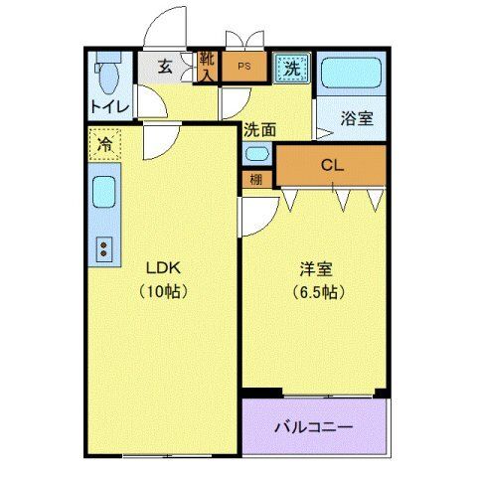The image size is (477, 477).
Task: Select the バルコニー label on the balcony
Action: click(313, 427)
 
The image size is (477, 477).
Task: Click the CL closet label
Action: click(331, 166)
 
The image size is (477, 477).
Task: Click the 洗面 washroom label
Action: click(260, 128)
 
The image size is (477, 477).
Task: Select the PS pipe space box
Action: click(242, 70)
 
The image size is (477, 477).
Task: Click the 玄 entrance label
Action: click(165, 70)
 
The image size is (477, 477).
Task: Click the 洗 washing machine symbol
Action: click(291, 69)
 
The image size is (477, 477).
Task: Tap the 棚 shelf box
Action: click(255, 181)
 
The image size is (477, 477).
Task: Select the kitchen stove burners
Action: click(102, 248)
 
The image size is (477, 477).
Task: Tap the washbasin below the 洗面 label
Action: click(256, 154)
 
